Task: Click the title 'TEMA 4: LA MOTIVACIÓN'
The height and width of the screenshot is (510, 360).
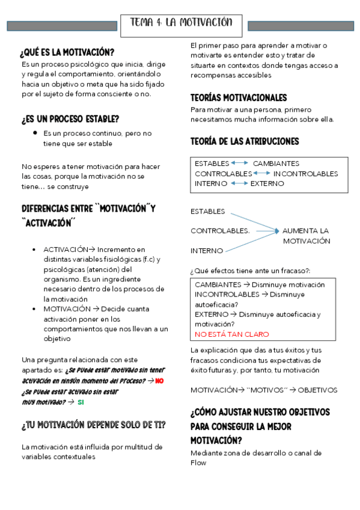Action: click(x=181, y=23)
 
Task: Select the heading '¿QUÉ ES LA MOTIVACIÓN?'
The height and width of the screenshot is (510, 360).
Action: click(x=67, y=52)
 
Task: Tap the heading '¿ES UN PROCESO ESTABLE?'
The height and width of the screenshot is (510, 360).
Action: click(x=70, y=119)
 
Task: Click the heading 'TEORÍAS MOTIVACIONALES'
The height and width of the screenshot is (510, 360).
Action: click(x=239, y=97)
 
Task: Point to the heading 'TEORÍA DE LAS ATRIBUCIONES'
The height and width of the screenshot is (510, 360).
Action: click(x=245, y=141)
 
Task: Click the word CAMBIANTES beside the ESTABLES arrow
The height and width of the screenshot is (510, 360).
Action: click(x=276, y=164)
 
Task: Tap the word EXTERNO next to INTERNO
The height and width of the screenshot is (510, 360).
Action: click(x=267, y=183)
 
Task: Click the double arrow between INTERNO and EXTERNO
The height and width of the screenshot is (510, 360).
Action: click(x=239, y=183)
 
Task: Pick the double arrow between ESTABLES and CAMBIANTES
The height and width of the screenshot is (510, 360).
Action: click(x=240, y=164)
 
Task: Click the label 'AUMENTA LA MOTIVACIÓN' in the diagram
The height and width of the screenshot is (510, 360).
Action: click(x=306, y=236)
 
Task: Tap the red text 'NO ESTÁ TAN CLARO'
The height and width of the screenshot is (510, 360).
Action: click(x=231, y=334)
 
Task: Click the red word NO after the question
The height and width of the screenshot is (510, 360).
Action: click(x=159, y=381)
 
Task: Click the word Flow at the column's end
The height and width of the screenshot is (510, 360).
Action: click(x=198, y=462)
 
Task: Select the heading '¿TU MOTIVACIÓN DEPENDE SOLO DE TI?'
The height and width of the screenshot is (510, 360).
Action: click(x=94, y=426)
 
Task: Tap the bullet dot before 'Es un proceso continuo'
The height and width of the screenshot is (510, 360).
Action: click(x=36, y=132)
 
